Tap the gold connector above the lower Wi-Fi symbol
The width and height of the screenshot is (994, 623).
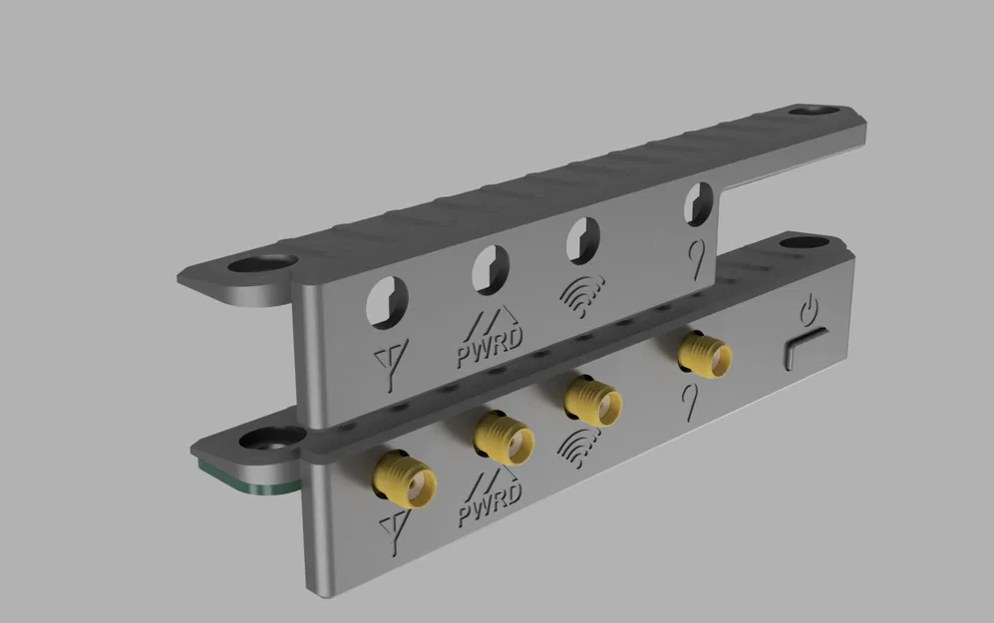coord(589,399)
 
